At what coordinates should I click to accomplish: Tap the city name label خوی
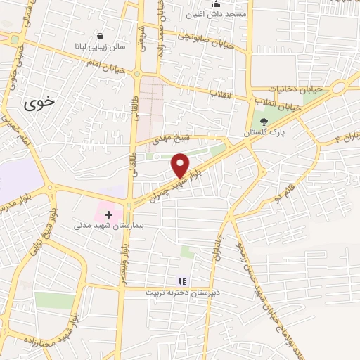coord(39,104)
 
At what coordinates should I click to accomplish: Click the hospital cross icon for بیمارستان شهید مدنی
coord(108,214)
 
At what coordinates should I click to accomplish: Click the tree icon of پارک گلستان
coord(264,121)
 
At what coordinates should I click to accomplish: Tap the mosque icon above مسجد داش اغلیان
coord(216,4)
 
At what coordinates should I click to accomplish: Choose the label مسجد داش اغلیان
coord(216,15)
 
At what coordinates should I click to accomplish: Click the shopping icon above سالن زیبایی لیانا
coord(101,36)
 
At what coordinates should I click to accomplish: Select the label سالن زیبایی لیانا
coord(101,46)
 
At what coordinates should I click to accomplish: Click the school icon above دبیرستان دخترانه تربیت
coord(181,281)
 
